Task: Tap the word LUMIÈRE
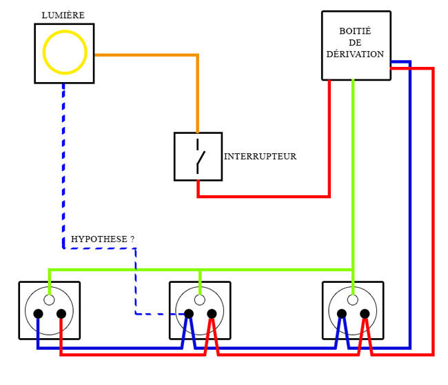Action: (x=63, y=15)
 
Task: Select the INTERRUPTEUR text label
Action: (x=260, y=157)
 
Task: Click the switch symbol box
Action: (x=198, y=157)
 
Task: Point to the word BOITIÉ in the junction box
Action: (x=355, y=31)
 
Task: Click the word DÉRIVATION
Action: (x=355, y=55)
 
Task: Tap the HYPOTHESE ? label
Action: (x=102, y=239)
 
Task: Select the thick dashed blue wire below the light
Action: (x=63, y=166)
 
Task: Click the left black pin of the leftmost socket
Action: (x=38, y=314)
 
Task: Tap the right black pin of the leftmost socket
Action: (x=61, y=314)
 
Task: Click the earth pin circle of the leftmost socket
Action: (x=49, y=299)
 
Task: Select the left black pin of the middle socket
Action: (x=189, y=314)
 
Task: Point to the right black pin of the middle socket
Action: (x=212, y=314)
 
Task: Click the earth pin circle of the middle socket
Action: (x=200, y=299)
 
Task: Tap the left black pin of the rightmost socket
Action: (x=342, y=314)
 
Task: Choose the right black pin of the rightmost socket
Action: (x=365, y=314)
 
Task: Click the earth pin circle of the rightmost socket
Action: (x=353, y=299)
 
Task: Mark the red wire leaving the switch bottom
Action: (x=262, y=197)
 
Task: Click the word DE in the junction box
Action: (x=355, y=43)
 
